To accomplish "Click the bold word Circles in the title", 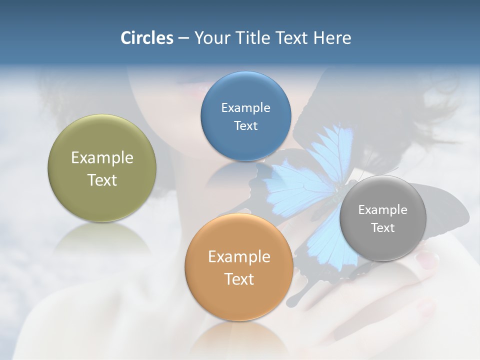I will pos(146,38).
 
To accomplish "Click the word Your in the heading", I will pos(210,38).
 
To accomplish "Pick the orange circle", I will pos(239,295).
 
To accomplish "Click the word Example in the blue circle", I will pos(245,108).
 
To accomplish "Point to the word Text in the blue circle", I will pos(245,126).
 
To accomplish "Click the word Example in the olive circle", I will pos(102,158).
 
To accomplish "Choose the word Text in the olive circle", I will pos(102,180).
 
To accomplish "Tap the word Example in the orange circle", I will pos(239,257).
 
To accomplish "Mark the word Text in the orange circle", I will pos(239,279).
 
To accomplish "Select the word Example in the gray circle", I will pos(383,210).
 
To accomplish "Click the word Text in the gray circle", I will pos(383,228).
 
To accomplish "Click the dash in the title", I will pos(183,38).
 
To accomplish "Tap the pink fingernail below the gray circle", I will pos(427,259).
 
